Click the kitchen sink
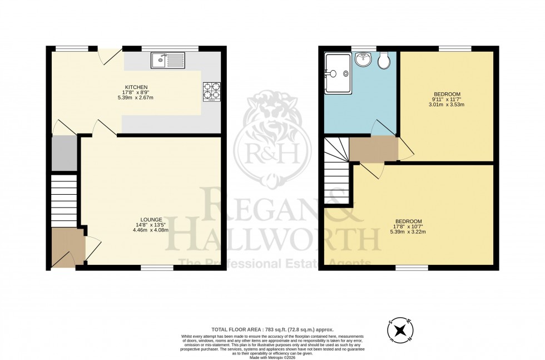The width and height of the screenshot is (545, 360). (x=167, y=60)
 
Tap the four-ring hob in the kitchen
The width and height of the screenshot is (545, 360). (x=211, y=91)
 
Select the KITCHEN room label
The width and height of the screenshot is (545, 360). (x=136, y=87)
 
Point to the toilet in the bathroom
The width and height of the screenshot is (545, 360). (x=383, y=61)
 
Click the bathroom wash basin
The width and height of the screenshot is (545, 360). (x=364, y=60)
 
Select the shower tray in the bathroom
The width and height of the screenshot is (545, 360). (x=338, y=73)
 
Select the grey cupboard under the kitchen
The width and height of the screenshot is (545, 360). (x=63, y=153)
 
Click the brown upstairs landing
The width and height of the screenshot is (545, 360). (x=373, y=149)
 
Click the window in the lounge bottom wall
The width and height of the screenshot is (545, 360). (x=156, y=268)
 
